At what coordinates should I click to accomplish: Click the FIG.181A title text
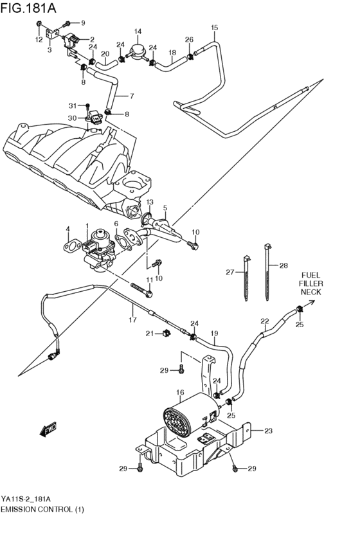(x=28, y=8)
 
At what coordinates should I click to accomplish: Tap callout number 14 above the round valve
(x=138, y=31)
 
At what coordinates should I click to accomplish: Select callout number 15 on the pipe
(x=214, y=27)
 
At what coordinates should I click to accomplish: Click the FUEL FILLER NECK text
(x=310, y=283)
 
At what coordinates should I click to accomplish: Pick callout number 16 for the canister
(x=180, y=393)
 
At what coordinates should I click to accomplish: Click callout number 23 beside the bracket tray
(x=268, y=431)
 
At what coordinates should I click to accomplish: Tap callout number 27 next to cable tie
(x=230, y=272)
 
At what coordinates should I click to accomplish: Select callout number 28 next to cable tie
(x=283, y=265)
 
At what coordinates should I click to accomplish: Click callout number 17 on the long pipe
(x=132, y=319)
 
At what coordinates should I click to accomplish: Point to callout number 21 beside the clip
(x=150, y=334)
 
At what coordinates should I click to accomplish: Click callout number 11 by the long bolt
(x=150, y=280)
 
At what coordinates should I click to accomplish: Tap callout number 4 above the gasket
(x=68, y=229)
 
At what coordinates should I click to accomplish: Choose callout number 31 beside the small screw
(x=72, y=105)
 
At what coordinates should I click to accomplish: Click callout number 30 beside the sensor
(x=72, y=118)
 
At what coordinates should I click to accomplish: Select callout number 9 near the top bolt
(x=83, y=23)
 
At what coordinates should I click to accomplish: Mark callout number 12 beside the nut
(x=39, y=39)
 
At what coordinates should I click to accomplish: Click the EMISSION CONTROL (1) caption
(x=42, y=509)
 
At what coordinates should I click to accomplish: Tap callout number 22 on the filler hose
(x=265, y=321)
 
